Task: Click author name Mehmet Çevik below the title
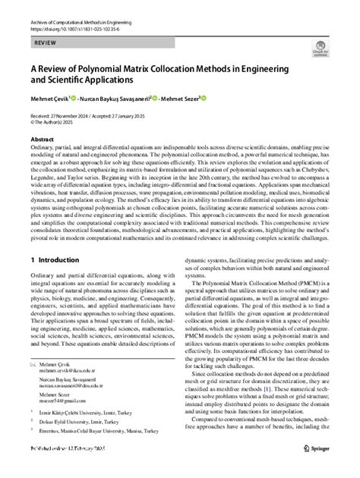[x=49, y=98]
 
